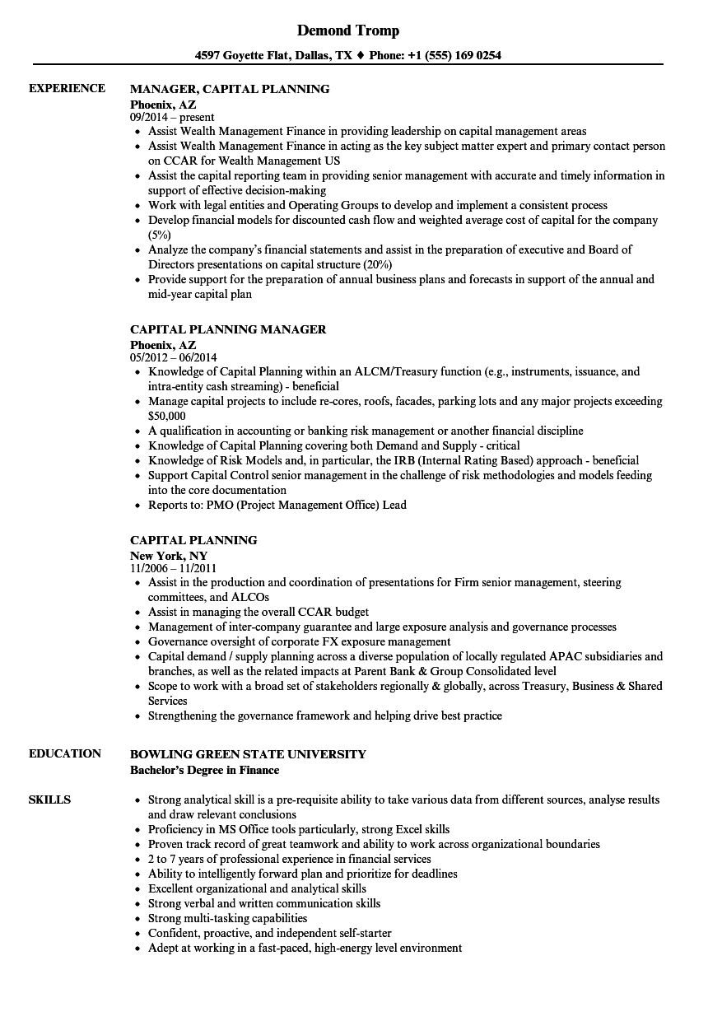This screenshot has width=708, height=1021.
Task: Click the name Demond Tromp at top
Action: (x=347, y=30)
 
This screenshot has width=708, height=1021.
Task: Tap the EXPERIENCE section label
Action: (x=67, y=88)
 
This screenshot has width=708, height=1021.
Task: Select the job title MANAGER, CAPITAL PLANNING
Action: (x=230, y=88)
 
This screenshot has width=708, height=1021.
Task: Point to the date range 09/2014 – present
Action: (x=172, y=118)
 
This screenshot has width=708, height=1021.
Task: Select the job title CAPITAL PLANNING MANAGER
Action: (x=228, y=329)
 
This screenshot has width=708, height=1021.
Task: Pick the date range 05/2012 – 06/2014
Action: (x=174, y=358)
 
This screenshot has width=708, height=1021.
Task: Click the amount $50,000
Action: (x=166, y=416)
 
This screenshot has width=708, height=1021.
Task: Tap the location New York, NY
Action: (x=169, y=556)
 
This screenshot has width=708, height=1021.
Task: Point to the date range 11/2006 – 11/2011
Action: (x=173, y=569)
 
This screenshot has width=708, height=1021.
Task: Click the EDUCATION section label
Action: (x=65, y=753)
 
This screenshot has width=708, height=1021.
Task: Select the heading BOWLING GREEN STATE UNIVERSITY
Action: (x=248, y=753)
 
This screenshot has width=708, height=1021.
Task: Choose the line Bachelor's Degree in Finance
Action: (x=204, y=770)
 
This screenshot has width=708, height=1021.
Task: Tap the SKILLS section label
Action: (x=49, y=800)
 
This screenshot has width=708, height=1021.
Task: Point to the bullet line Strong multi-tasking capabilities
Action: (x=227, y=918)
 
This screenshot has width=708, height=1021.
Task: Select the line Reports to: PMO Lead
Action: (x=277, y=505)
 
